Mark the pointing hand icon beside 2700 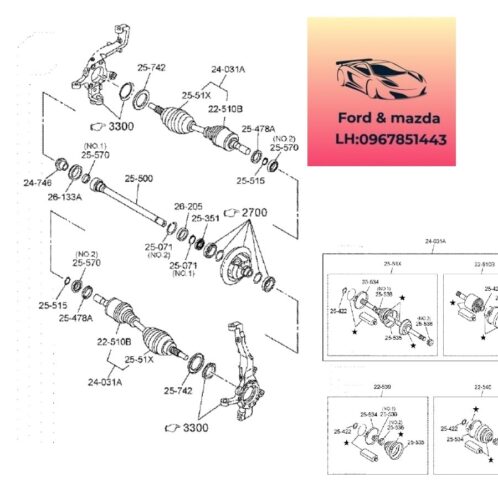click(x=233, y=212)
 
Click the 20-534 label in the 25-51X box click(x=370, y=282)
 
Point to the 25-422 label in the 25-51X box click(x=338, y=311)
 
